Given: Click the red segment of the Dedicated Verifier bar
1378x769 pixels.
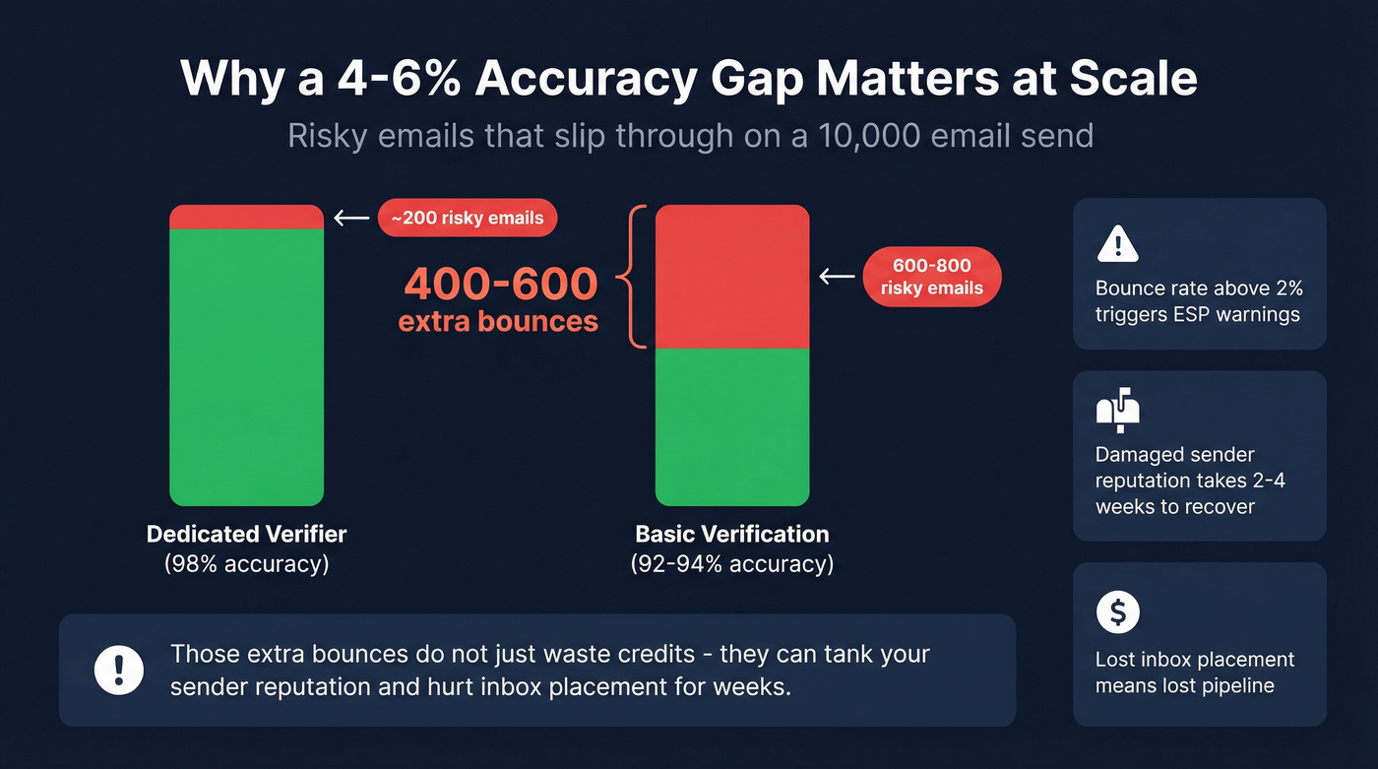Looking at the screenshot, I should click(246, 217).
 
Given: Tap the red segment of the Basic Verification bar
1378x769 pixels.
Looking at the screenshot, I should click(732, 277).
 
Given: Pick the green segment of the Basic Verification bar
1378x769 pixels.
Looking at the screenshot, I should click(732, 426).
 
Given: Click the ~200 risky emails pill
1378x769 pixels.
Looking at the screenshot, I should click(468, 219).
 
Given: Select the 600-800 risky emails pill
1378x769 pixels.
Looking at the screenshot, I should click(931, 277).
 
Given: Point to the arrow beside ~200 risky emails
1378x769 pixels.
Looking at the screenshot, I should click(351, 218).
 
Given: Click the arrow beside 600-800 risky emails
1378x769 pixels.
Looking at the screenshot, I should click(837, 277).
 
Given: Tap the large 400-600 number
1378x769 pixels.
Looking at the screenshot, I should click(501, 285).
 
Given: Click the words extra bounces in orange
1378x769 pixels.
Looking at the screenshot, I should click(498, 321).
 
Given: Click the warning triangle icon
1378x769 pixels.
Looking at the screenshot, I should click(1117, 243).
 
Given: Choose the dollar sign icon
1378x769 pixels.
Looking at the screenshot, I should click(1117, 612).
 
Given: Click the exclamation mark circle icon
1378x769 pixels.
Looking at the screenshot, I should click(119, 670).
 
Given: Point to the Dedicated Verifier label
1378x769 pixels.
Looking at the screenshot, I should click(246, 535).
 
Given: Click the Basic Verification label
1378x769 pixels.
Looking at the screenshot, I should click(732, 535).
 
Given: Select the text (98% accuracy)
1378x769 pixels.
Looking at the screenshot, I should click(246, 564).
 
